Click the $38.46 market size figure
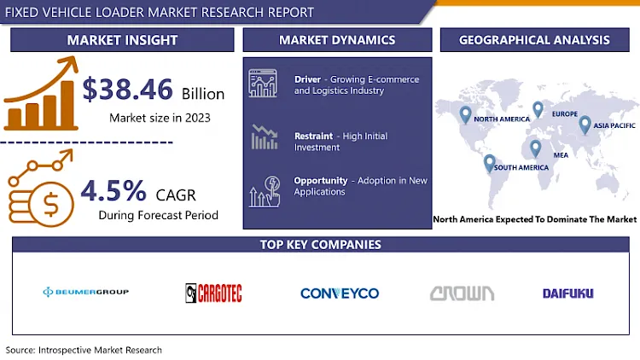tap(127, 90)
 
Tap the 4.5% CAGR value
tap(113, 190)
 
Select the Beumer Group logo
tap(85, 292)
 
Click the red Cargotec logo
tap(213, 293)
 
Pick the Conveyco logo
tap(340, 293)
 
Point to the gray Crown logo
tap(462, 293)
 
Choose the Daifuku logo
tap(567, 293)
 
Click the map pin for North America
tap(465, 114)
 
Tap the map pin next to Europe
tap(538, 109)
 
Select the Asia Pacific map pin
tap(585, 125)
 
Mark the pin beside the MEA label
tap(536, 148)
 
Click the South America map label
tap(521, 167)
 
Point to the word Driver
tap(308, 79)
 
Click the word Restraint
tap(313, 136)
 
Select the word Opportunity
tap(320, 180)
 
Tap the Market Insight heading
tap(122, 40)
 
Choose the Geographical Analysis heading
tap(534, 40)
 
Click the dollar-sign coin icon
tap(51, 204)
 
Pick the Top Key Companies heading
tap(320, 245)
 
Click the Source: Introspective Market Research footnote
tap(84, 350)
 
